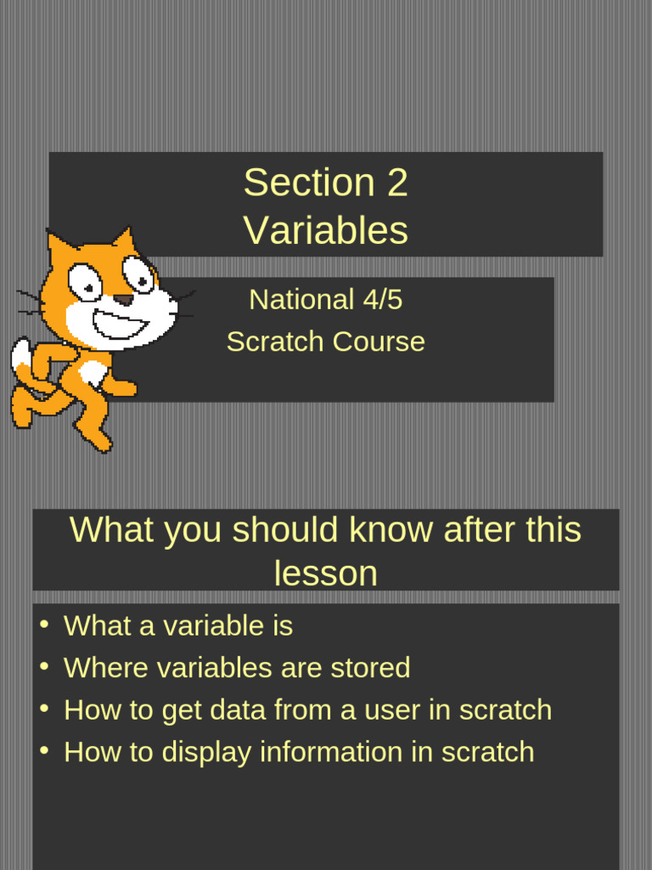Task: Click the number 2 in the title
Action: point(397,183)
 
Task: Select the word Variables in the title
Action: point(325,229)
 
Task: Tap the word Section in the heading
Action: point(309,183)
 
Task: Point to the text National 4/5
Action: point(325,299)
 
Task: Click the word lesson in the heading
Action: point(325,573)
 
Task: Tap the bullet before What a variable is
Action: point(43,625)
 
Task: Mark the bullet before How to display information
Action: point(43,751)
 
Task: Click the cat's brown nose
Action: point(124,300)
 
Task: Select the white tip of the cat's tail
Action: point(21,357)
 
